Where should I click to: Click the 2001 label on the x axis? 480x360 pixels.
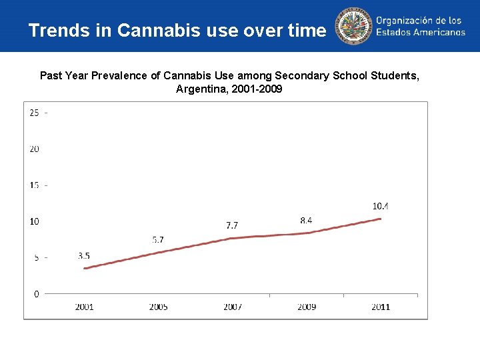click(x=84, y=307)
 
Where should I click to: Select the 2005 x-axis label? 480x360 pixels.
click(x=158, y=307)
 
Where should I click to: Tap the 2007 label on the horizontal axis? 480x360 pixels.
click(x=233, y=307)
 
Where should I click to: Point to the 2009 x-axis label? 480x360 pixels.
click(x=307, y=307)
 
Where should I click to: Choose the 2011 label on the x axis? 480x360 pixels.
click(x=381, y=307)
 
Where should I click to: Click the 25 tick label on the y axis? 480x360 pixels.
click(x=34, y=112)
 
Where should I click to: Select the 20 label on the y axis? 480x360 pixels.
click(x=34, y=149)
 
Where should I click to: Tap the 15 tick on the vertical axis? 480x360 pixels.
click(x=34, y=185)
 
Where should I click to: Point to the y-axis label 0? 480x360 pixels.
click(x=36, y=293)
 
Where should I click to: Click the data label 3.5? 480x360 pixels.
click(x=84, y=255)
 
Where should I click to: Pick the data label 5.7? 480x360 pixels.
click(x=158, y=239)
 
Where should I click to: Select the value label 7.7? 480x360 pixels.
click(x=233, y=225)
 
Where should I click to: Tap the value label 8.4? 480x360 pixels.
click(x=307, y=219)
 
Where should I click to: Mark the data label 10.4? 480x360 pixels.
click(x=381, y=206)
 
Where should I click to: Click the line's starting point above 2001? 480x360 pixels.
click(x=85, y=268)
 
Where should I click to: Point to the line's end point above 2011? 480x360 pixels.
click(x=381, y=218)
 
